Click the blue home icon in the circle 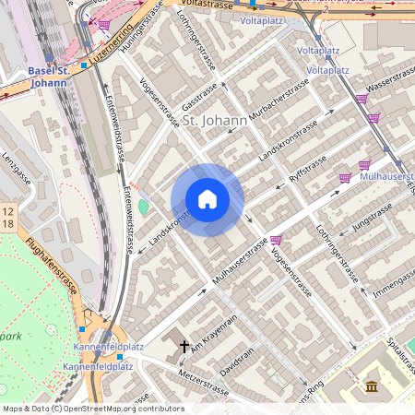[x=207, y=199]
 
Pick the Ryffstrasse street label [x=307, y=165]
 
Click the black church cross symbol [x=184, y=347]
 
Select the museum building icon [x=372, y=385]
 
